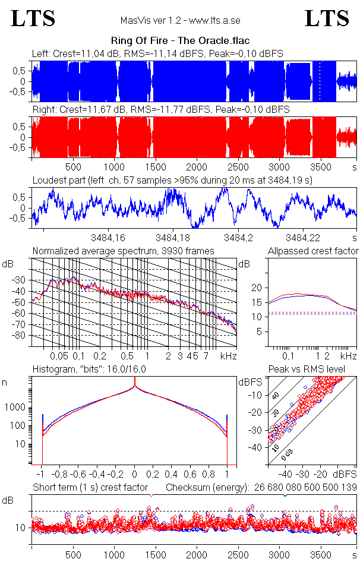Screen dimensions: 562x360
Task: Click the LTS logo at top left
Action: pos(33,18)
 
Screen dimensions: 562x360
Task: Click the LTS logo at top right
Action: pos(327,18)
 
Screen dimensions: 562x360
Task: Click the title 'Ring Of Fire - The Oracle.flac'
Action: pos(180,41)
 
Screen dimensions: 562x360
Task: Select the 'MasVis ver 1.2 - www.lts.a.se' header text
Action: pos(180,21)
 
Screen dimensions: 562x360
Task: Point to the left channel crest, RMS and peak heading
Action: pos(157,53)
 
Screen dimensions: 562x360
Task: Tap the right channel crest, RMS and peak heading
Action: pos(160,110)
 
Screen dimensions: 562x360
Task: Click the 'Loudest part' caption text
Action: pos(172,179)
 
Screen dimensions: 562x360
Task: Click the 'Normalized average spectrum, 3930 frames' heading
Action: pos(123,251)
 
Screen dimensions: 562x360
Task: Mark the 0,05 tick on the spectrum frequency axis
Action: pos(59,356)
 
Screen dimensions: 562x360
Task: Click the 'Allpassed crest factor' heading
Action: pos(313,251)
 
